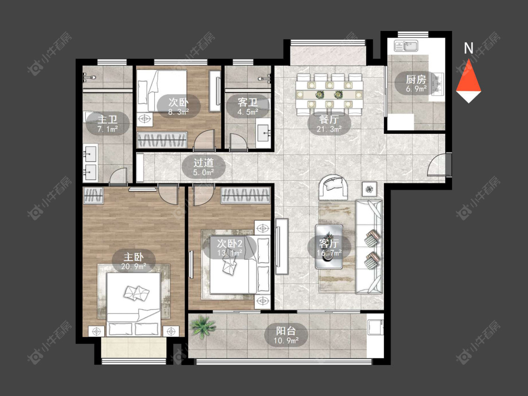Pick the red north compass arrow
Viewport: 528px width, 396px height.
469,78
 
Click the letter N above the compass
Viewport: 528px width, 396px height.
468,48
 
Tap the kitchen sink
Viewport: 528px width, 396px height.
406,46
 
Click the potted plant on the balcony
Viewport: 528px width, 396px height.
202,326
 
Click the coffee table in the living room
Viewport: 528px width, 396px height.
329,247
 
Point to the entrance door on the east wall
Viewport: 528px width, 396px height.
439,164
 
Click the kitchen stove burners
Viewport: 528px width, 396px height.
438,85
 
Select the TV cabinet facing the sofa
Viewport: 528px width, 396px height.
282,246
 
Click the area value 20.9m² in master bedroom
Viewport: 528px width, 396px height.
134,267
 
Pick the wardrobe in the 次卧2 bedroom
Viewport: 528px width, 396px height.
245,195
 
